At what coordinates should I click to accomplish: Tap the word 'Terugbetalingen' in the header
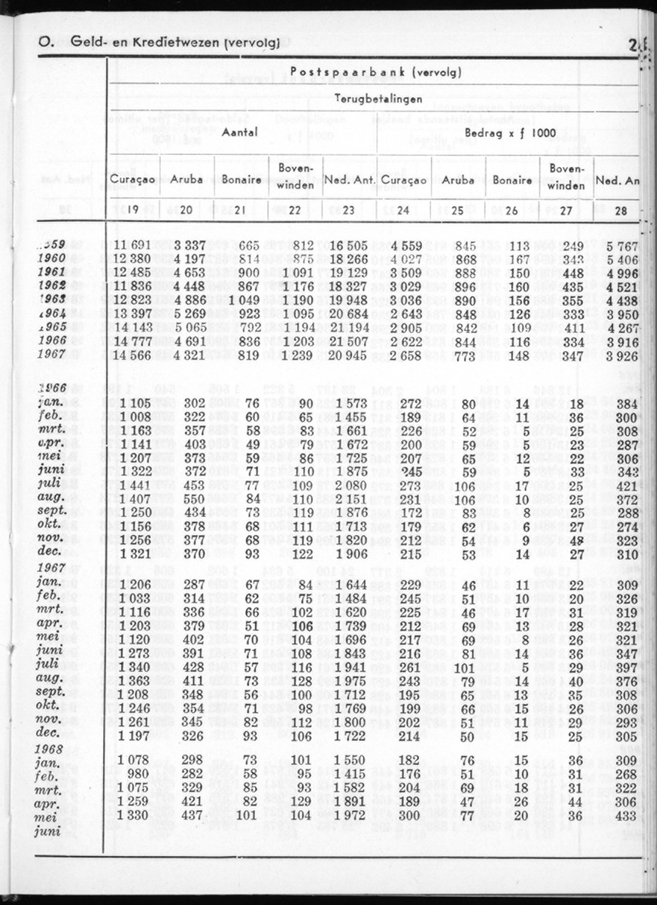click(x=378, y=99)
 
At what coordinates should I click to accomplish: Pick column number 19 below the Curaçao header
click(x=133, y=208)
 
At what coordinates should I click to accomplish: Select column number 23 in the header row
click(x=349, y=208)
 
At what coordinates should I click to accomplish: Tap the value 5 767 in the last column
click(x=621, y=246)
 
